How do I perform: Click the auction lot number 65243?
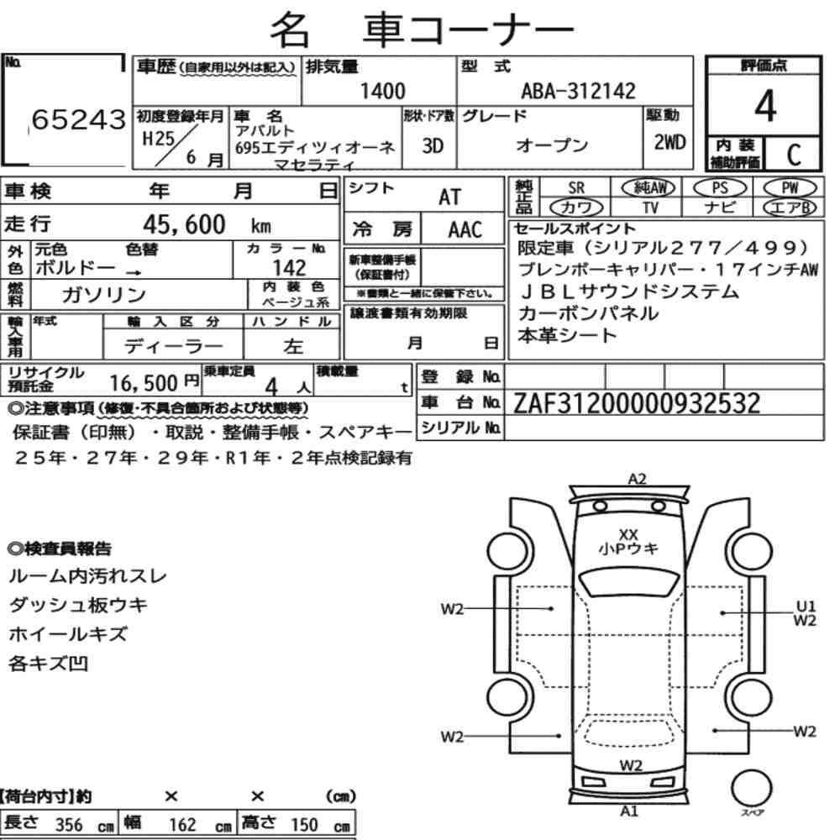[x=79, y=119]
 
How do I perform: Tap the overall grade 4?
[x=765, y=106]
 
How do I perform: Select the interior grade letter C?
[x=794, y=155]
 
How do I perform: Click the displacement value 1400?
[x=382, y=91]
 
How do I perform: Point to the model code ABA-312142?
[x=578, y=91]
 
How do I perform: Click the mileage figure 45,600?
[x=184, y=224]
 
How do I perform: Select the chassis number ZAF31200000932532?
[x=637, y=403]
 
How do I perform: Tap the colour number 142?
[x=289, y=267]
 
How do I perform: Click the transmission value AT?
[x=449, y=197]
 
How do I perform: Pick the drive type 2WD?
[x=669, y=142]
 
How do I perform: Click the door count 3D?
[x=433, y=145]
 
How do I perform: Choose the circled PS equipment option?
[x=720, y=188]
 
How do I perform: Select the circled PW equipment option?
[x=790, y=188]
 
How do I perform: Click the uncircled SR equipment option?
[x=576, y=188]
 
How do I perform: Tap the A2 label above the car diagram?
[x=637, y=479]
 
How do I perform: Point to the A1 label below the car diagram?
[x=629, y=811]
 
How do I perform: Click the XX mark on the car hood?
[x=627, y=534]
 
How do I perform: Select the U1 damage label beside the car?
[x=806, y=606]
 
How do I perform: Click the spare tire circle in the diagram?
[x=751, y=788]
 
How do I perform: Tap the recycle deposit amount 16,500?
[x=143, y=383]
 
